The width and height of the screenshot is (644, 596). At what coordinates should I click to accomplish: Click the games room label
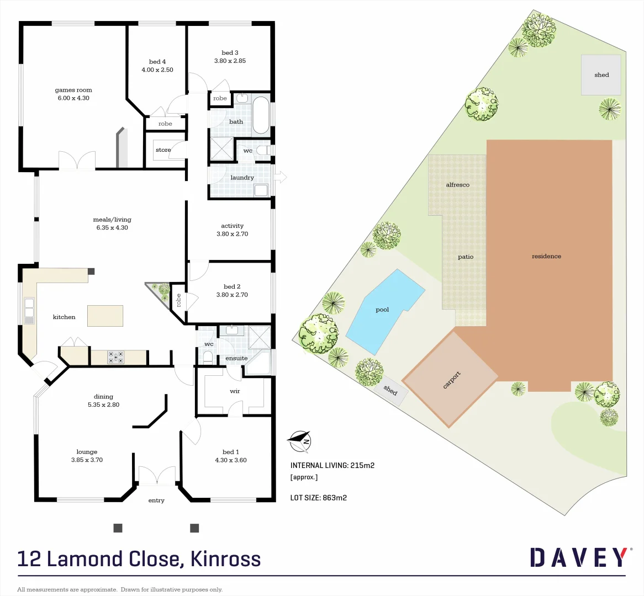[x=73, y=90]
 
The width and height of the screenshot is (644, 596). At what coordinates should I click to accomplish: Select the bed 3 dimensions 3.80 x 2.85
[x=230, y=61]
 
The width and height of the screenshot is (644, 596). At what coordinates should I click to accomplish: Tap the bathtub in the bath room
[x=261, y=116]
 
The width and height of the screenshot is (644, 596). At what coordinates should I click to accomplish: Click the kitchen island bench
[x=105, y=316]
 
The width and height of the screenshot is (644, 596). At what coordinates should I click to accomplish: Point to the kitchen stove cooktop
[x=116, y=357]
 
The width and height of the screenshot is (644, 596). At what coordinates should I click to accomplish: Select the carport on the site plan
[x=451, y=379]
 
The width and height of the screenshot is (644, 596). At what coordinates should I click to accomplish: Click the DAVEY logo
[x=578, y=557]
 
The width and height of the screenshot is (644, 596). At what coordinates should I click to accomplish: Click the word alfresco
[x=457, y=185]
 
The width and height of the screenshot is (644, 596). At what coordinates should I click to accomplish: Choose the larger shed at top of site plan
[x=601, y=75]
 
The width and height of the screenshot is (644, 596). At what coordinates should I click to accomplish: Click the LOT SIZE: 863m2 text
[x=318, y=498]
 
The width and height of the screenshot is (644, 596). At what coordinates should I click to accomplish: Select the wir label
[x=235, y=391]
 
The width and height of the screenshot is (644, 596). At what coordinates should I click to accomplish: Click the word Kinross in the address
[x=225, y=559]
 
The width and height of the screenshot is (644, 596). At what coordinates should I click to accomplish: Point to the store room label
[x=163, y=150]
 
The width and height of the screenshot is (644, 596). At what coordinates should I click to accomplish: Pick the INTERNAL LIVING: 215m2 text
[x=332, y=465]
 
